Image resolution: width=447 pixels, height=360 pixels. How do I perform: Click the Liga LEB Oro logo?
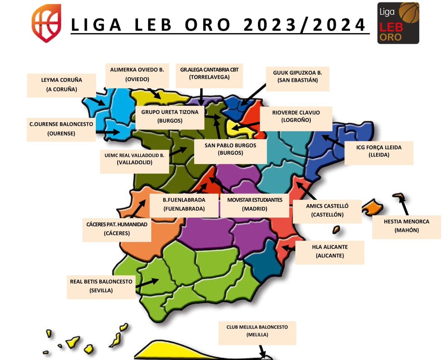(398, 23)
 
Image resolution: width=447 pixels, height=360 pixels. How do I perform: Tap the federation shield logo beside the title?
(46, 23)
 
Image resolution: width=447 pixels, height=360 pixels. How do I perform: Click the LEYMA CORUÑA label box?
(62, 85)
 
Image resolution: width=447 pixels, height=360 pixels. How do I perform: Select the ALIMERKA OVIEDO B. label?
(137, 74)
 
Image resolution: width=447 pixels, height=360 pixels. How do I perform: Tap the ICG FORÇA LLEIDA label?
(378, 151)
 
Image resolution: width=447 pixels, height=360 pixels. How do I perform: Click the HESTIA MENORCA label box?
(406, 226)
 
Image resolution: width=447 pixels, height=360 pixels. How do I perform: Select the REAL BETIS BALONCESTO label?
(101, 286)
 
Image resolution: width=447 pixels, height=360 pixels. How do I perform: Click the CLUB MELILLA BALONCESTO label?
(257, 331)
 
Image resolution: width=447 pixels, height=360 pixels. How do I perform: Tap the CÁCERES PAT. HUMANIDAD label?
(117, 229)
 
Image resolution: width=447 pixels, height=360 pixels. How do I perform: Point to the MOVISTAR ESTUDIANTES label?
(255, 204)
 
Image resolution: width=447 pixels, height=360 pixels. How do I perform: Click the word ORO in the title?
(208, 25)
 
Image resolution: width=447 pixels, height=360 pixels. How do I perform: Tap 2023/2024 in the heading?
(304, 25)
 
